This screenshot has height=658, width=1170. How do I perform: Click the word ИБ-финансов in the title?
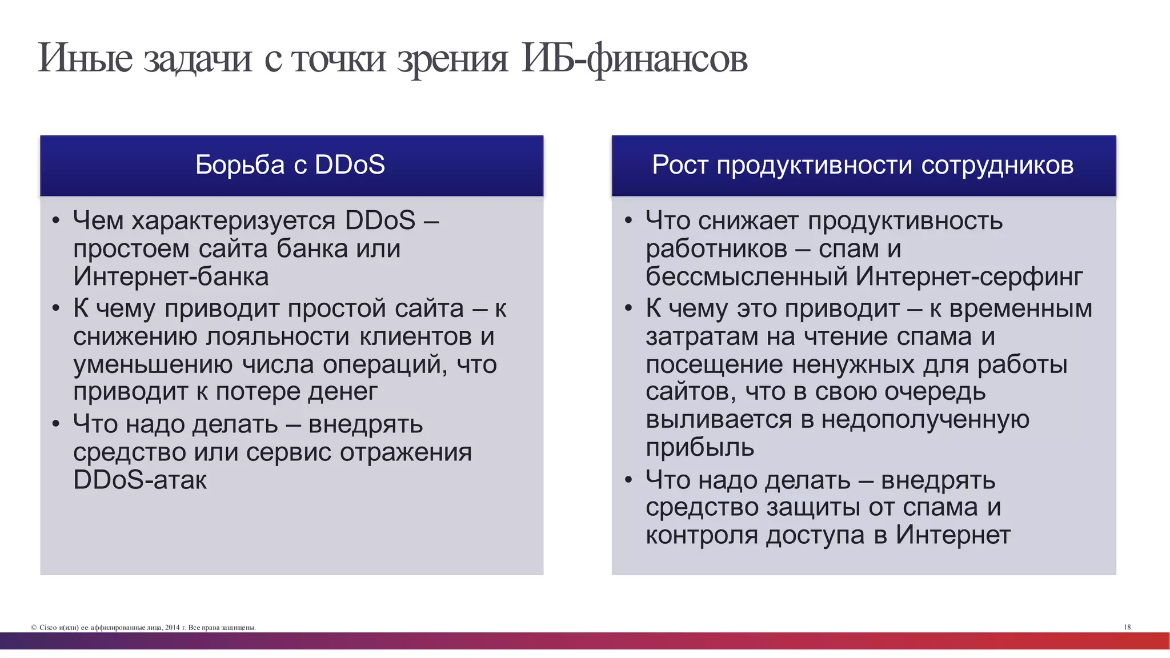(634, 59)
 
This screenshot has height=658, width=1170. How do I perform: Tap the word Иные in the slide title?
(85, 59)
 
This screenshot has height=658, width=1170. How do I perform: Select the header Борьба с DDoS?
(290, 165)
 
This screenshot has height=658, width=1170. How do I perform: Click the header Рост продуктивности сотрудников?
(863, 165)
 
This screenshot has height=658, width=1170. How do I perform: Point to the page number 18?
(1127, 627)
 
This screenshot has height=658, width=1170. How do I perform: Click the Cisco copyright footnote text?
(143, 628)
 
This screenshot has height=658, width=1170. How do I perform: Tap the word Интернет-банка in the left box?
(171, 277)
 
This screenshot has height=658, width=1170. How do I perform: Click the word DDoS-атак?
(140, 480)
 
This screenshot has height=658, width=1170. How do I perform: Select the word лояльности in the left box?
(278, 336)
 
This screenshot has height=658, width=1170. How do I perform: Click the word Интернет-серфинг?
(969, 277)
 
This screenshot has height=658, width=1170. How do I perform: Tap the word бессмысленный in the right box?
(747, 277)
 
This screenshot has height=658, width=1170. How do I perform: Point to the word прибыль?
(700, 448)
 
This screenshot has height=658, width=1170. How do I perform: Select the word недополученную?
(925, 420)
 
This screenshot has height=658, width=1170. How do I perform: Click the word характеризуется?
(233, 221)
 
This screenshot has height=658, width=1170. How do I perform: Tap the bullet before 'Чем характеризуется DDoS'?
(55, 221)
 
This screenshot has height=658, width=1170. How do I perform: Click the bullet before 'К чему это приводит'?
(628, 309)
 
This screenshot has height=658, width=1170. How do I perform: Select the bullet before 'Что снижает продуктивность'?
(628, 221)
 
